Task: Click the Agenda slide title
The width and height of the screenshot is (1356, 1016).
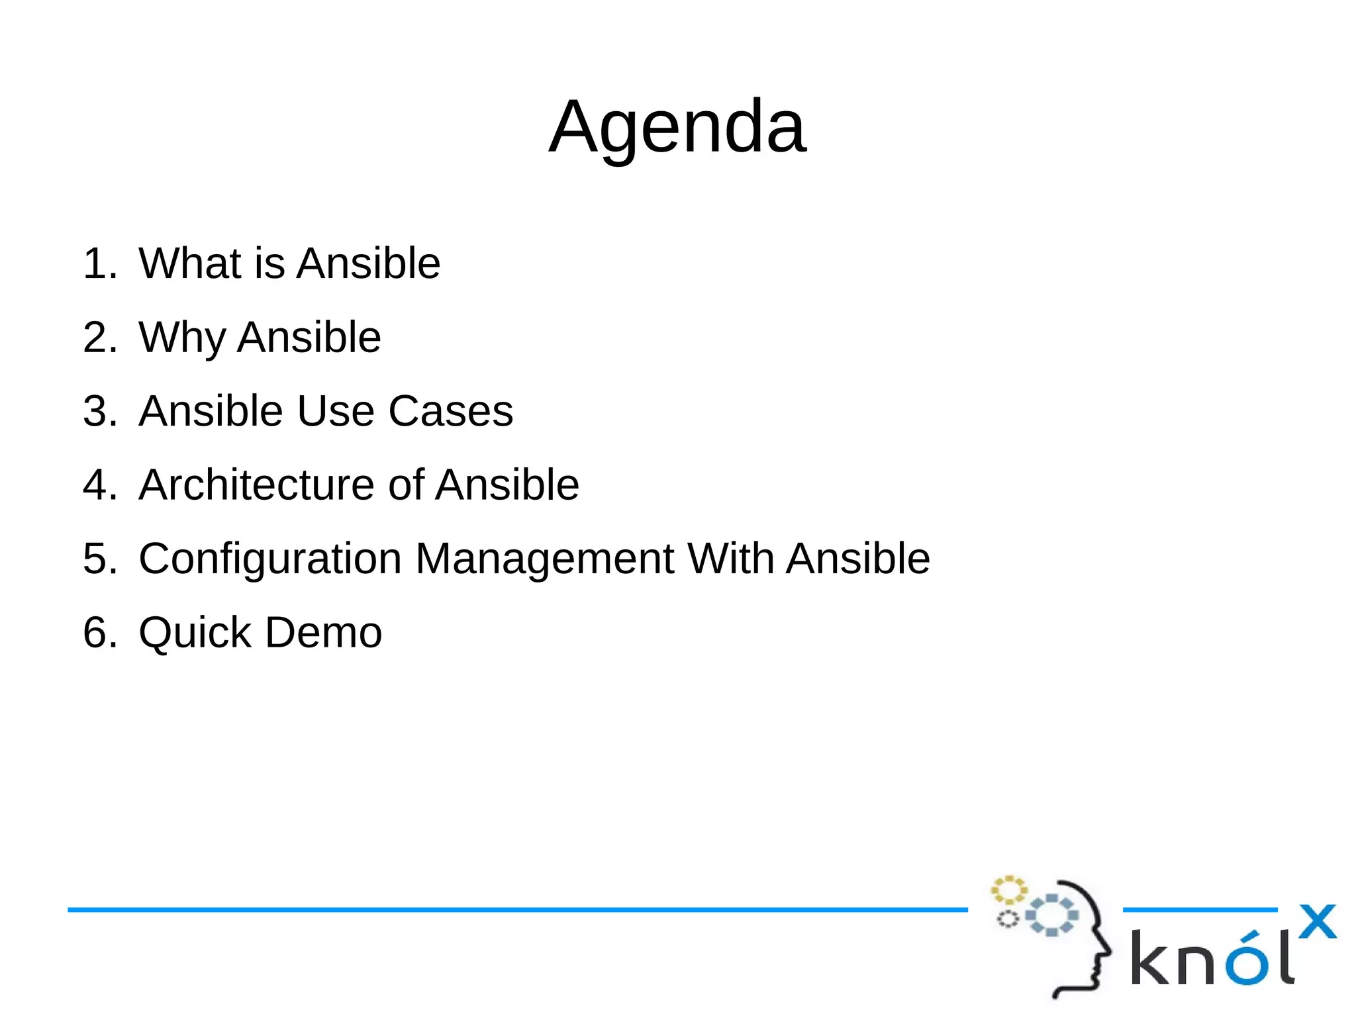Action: [x=677, y=127]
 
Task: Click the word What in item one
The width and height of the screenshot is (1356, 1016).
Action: [x=190, y=263]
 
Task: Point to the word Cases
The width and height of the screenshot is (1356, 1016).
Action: [x=450, y=411]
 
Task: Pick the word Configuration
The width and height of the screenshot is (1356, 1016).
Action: [x=270, y=559]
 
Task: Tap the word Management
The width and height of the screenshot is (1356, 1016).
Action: [x=544, y=559]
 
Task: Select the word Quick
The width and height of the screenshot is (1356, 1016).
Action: [x=195, y=633]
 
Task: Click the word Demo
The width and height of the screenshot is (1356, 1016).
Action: [x=323, y=633]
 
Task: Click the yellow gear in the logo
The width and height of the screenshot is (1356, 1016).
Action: [x=1008, y=890]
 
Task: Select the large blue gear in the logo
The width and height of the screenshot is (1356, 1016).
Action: [x=1051, y=915]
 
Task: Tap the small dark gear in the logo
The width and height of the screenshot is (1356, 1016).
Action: [x=1008, y=919]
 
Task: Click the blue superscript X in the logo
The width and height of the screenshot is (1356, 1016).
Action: [x=1317, y=922]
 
